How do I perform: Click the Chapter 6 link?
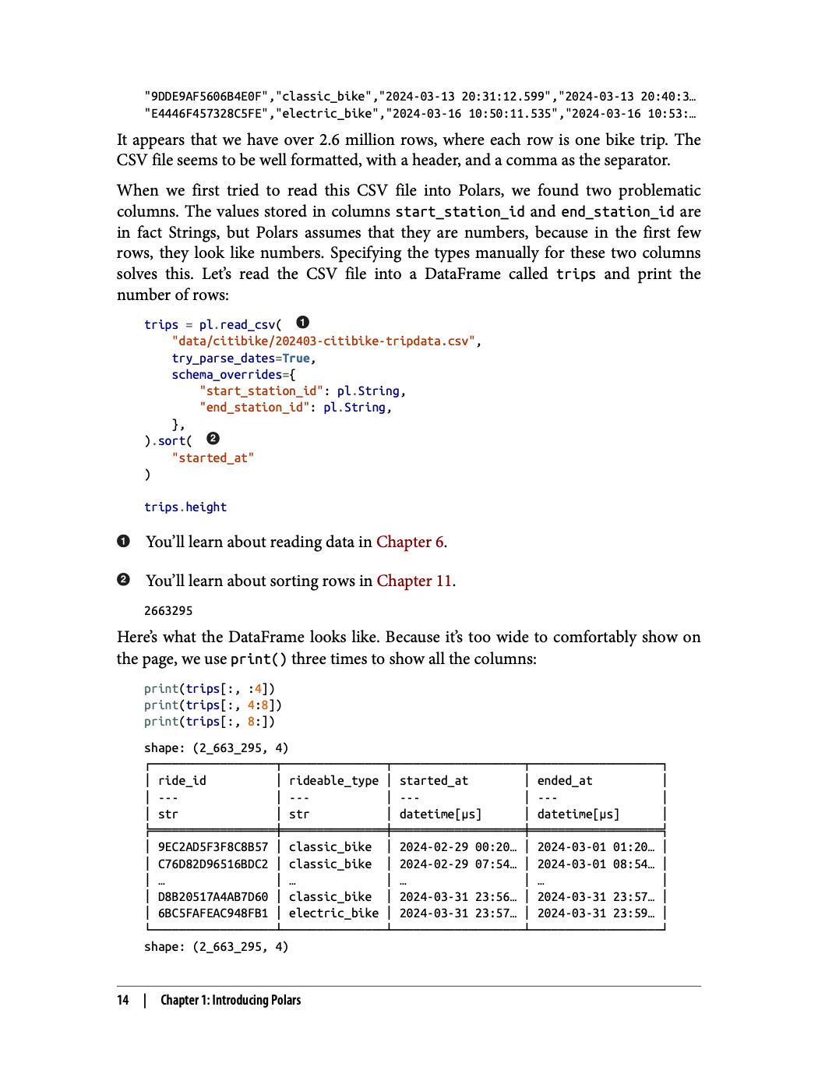(411, 542)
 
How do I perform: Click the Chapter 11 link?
(414, 581)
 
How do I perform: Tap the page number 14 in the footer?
(123, 1000)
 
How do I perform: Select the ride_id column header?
(182, 781)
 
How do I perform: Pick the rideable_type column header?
(333, 781)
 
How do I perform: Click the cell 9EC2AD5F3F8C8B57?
(213, 847)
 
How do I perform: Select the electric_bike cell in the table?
(333, 913)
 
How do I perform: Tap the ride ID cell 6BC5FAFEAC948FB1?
(213, 913)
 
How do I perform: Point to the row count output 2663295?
(168, 611)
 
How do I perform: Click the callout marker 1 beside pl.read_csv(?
(303, 323)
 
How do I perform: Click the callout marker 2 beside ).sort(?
(213, 439)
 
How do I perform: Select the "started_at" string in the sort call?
(213, 458)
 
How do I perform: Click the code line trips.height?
(185, 507)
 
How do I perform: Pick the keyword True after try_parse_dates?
(296, 359)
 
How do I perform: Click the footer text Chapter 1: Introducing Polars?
(231, 1000)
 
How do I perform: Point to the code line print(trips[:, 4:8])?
(213, 705)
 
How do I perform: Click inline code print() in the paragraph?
(259, 659)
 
